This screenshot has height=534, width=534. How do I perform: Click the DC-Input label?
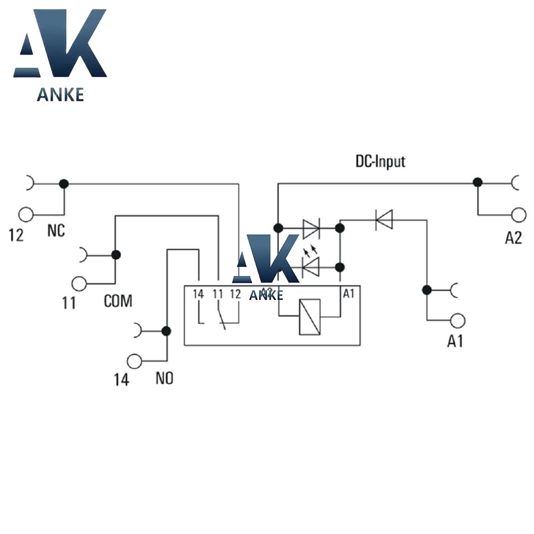point(380,162)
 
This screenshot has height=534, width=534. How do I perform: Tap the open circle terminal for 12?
point(26,214)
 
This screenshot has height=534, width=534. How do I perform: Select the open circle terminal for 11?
point(80,284)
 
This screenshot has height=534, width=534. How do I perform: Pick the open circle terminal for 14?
point(134,361)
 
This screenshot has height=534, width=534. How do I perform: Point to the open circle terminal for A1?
point(457,320)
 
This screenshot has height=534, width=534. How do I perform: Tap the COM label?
point(118,302)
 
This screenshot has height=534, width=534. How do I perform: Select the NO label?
point(164,379)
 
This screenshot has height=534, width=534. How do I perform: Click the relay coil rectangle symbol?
point(310,317)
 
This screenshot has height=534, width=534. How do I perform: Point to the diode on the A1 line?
point(384,219)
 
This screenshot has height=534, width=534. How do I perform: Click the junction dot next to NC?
point(64,184)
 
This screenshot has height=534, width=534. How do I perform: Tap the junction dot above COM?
point(116,255)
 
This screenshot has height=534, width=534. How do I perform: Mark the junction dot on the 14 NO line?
point(166,331)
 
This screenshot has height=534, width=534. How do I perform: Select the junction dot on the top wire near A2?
point(477,182)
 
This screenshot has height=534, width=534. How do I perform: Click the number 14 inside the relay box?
point(199,294)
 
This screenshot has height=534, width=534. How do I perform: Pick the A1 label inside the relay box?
point(348,294)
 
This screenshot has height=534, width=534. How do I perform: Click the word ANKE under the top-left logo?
point(60,95)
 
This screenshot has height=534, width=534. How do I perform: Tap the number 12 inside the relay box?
point(235,294)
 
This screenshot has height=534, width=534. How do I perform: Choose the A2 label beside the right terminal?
point(513,238)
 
